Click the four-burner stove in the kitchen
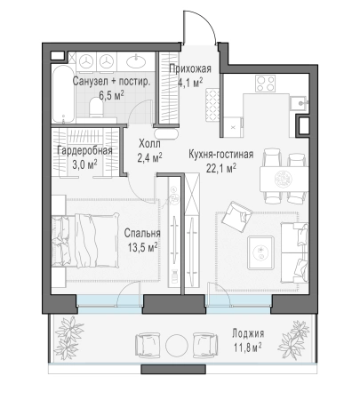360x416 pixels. (x=265, y=84)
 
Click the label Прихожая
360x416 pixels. (x=189, y=68)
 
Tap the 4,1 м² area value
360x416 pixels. (x=189, y=81)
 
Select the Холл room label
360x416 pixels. (x=150, y=143)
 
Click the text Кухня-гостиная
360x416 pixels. (x=221, y=153)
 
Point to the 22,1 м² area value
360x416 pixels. (x=221, y=167)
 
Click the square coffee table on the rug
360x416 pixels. (x=260, y=251)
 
